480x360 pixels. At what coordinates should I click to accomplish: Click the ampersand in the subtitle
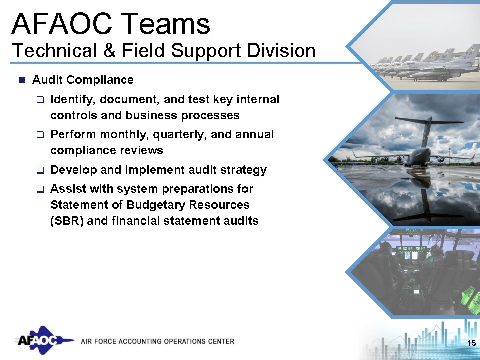(108, 51)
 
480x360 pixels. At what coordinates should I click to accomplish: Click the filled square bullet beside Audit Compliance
(21, 80)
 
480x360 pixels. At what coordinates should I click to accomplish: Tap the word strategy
(244, 170)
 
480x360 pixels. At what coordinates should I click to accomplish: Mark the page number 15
(470, 342)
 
